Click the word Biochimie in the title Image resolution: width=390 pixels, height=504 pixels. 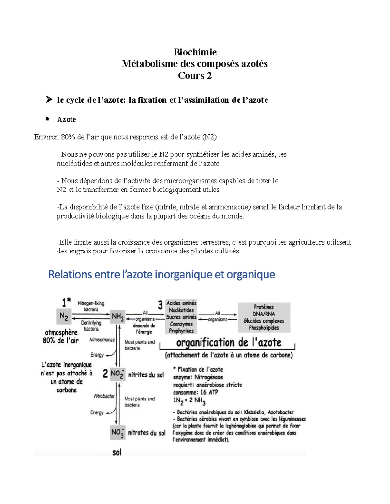point(195,52)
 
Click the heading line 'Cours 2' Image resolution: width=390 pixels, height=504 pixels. point(195,76)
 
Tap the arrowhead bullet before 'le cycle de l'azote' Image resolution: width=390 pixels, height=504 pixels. point(49,99)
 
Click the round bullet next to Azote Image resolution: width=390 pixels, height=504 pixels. point(47,119)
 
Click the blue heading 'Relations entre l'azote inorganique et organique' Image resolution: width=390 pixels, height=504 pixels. point(162,275)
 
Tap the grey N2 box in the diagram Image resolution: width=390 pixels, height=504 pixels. point(64,316)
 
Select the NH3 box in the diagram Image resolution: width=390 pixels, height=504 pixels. point(118,316)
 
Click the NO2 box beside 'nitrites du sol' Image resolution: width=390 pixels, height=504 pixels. point(117,374)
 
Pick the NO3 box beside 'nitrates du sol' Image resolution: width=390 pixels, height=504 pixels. point(118,433)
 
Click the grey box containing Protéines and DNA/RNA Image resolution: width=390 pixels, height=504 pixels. point(264,317)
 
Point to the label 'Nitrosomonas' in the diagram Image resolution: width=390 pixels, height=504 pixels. point(102,340)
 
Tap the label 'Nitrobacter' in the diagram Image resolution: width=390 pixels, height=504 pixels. point(104,396)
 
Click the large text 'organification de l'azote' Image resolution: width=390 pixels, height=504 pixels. point(228,342)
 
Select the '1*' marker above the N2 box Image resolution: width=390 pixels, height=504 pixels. point(67,302)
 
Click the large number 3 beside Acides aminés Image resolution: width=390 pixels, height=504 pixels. point(160,305)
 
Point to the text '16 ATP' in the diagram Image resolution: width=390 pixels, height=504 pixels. point(209,392)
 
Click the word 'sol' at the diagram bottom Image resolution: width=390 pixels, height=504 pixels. point(117,452)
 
